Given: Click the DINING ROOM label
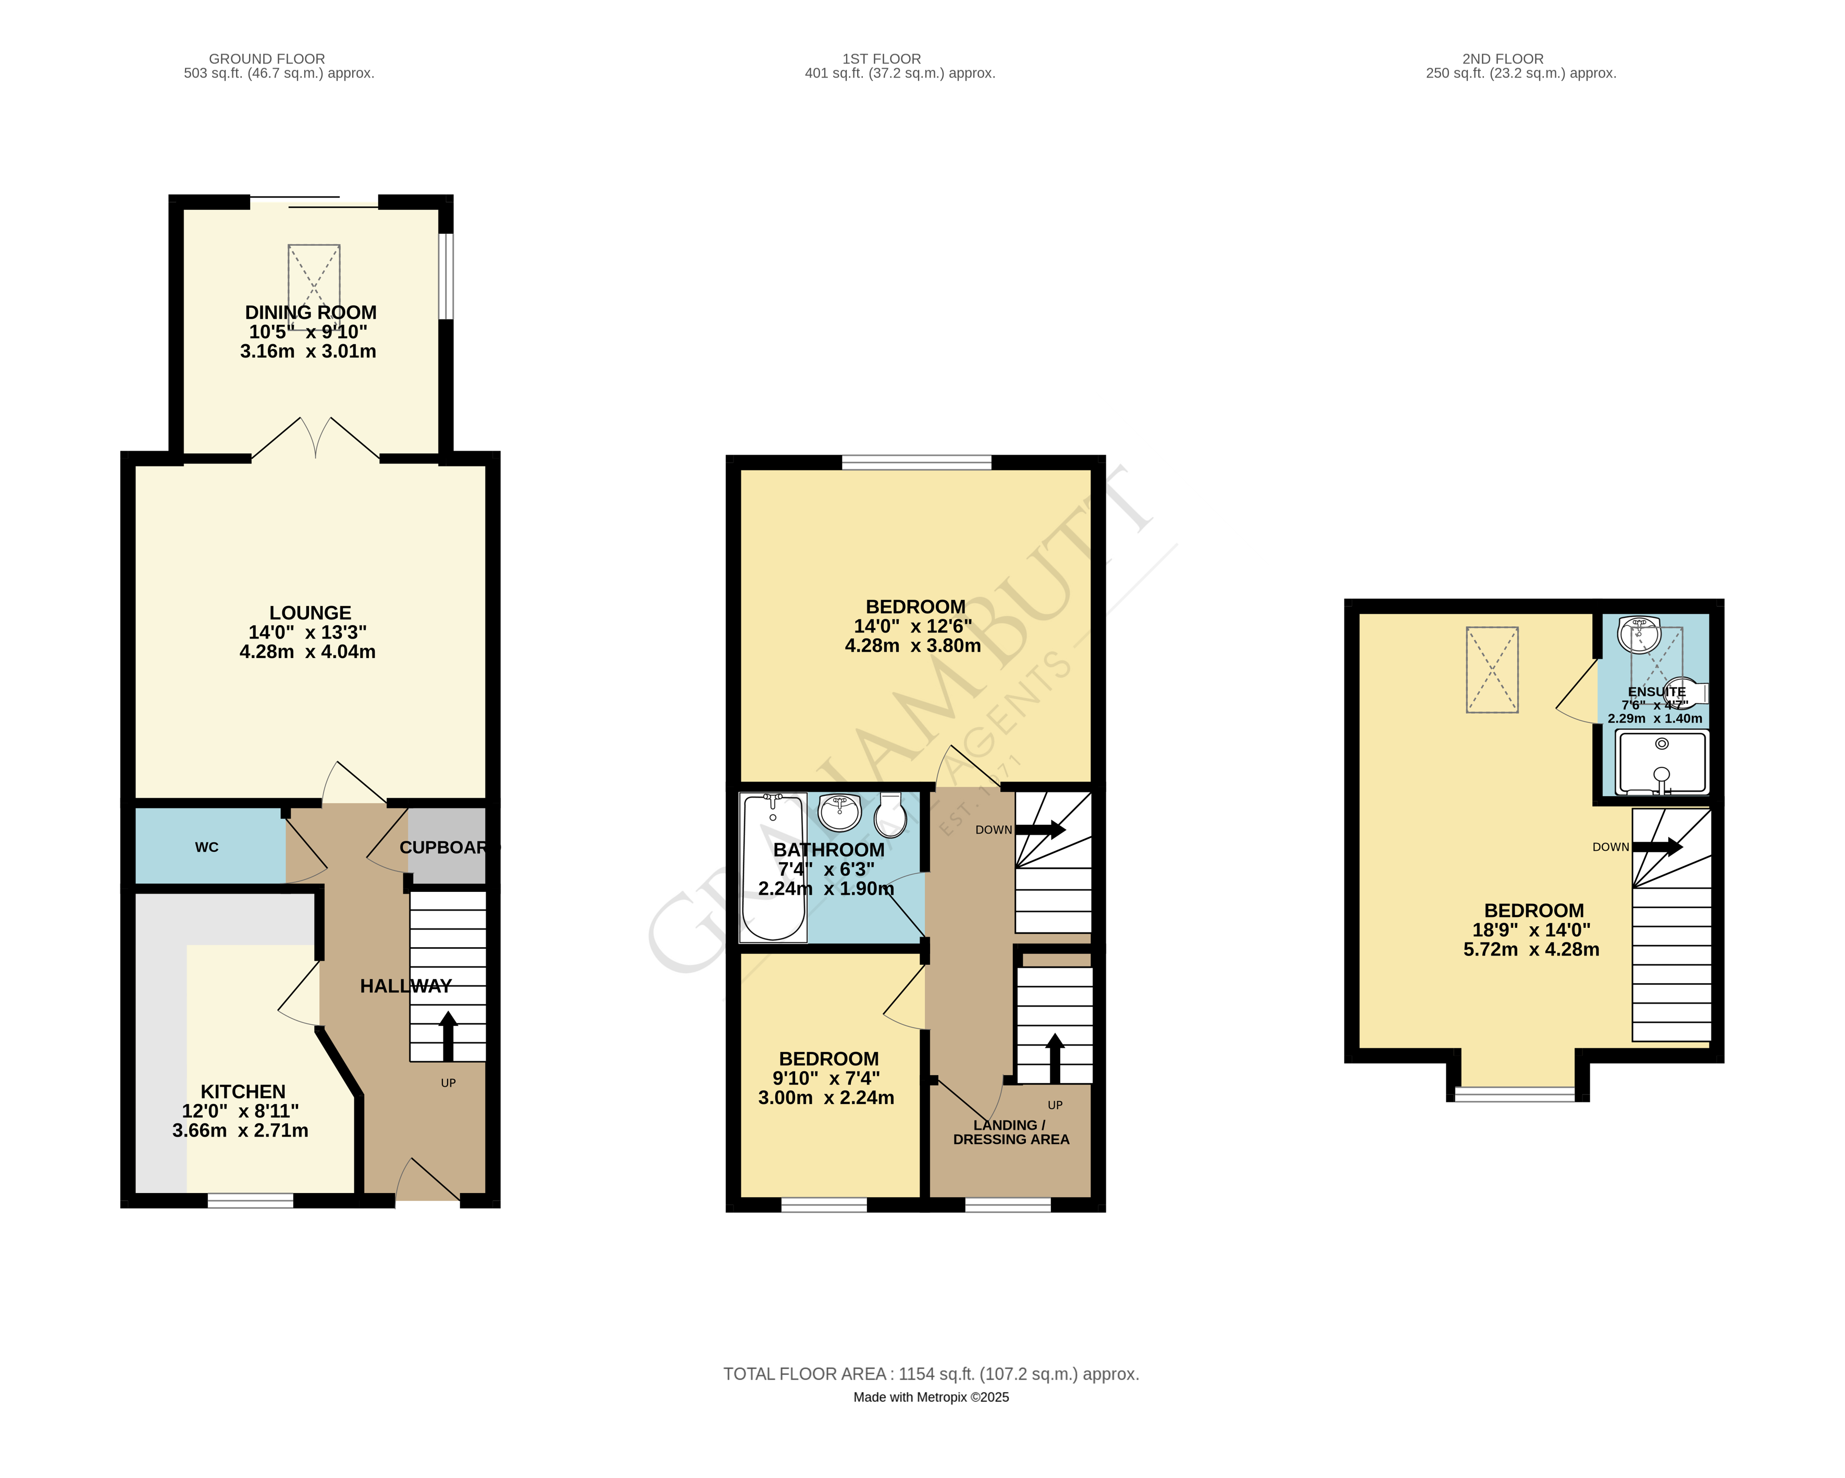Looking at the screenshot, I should click(x=311, y=313).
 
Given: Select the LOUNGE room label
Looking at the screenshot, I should click(x=310, y=613).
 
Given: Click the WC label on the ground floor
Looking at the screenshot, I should click(x=206, y=847).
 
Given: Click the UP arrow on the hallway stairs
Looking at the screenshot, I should click(x=448, y=1036).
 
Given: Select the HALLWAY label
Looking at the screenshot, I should click(x=405, y=986).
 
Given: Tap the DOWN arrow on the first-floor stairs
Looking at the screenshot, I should click(x=1040, y=829).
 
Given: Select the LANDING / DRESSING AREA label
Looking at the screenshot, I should click(x=1011, y=1132).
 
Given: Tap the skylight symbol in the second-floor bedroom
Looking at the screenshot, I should click(x=1492, y=669).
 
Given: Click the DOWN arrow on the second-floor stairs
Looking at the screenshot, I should click(x=1657, y=847).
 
